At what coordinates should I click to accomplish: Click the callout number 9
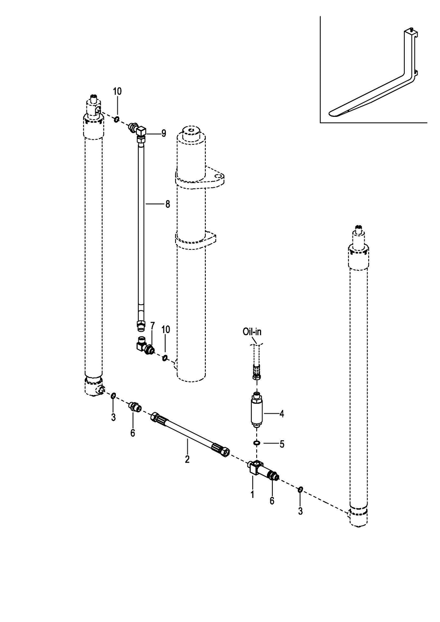click(164, 133)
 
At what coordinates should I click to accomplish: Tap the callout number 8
click(167, 204)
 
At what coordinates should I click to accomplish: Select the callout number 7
click(152, 326)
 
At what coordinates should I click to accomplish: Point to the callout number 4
click(282, 414)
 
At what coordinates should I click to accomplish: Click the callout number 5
click(282, 444)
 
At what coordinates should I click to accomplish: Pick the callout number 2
click(187, 459)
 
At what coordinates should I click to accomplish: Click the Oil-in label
click(252, 332)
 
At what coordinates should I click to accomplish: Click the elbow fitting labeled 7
click(145, 346)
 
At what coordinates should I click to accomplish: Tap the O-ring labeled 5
click(257, 443)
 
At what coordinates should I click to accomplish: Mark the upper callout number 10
click(117, 91)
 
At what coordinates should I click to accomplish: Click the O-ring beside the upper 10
click(116, 119)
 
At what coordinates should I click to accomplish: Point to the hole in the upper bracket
click(219, 177)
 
